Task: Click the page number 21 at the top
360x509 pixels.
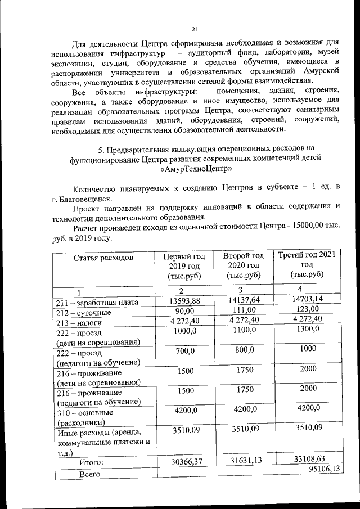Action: pyautogui.click(x=195, y=29)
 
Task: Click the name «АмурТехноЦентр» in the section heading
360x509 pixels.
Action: pyautogui.click(x=197, y=168)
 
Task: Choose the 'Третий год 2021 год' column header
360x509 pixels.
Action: pyautogui.click(x=307, y=265)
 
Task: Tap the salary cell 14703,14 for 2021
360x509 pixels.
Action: pyautogui.click(x=307, y=299)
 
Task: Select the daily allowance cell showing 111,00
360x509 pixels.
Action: pyautogui.click(x=243, y=310)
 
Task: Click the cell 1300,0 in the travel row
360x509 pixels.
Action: pyautogui.click(x=307, y=329)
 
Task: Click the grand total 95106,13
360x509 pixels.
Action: pyautogui.click(x=325, y=470)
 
